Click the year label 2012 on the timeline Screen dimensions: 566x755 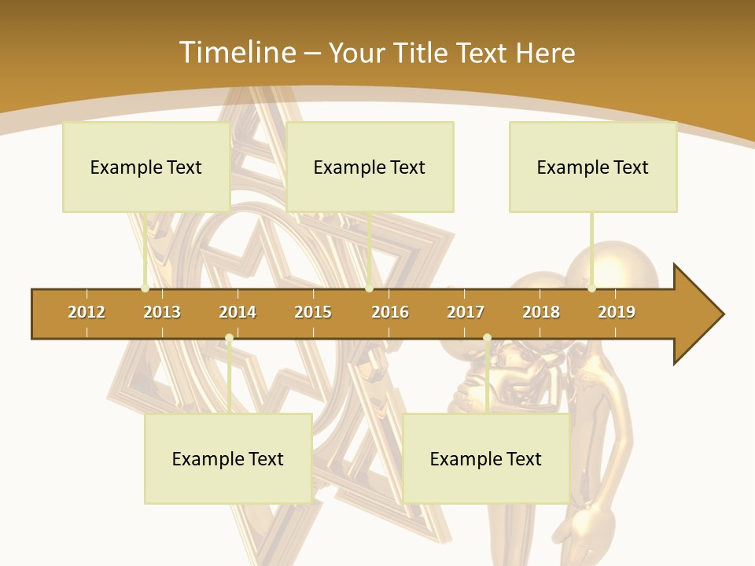(87, 312)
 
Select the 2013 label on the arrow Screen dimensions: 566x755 (162, 312)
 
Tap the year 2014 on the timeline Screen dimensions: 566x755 (238, 312)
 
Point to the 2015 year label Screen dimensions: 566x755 (313, 312)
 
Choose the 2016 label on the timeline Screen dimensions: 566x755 (390, 312)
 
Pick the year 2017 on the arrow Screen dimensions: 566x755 (466, 312)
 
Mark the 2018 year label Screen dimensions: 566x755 (541, 312)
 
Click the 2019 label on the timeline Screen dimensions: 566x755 (617, 312)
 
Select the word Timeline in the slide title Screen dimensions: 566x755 (236, 53)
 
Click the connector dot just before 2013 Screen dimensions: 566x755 (145, 289)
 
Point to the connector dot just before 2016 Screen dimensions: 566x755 (369, 289)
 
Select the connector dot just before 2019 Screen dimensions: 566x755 (592, 289)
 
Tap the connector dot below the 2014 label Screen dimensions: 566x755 (229, 338)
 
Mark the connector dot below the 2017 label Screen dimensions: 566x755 (487, 338)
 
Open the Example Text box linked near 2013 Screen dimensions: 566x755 (146, 167)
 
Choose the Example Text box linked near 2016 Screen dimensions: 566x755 (370, 167)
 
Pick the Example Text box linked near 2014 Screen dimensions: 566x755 (228, 458)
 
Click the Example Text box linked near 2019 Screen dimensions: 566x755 (593, 167)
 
